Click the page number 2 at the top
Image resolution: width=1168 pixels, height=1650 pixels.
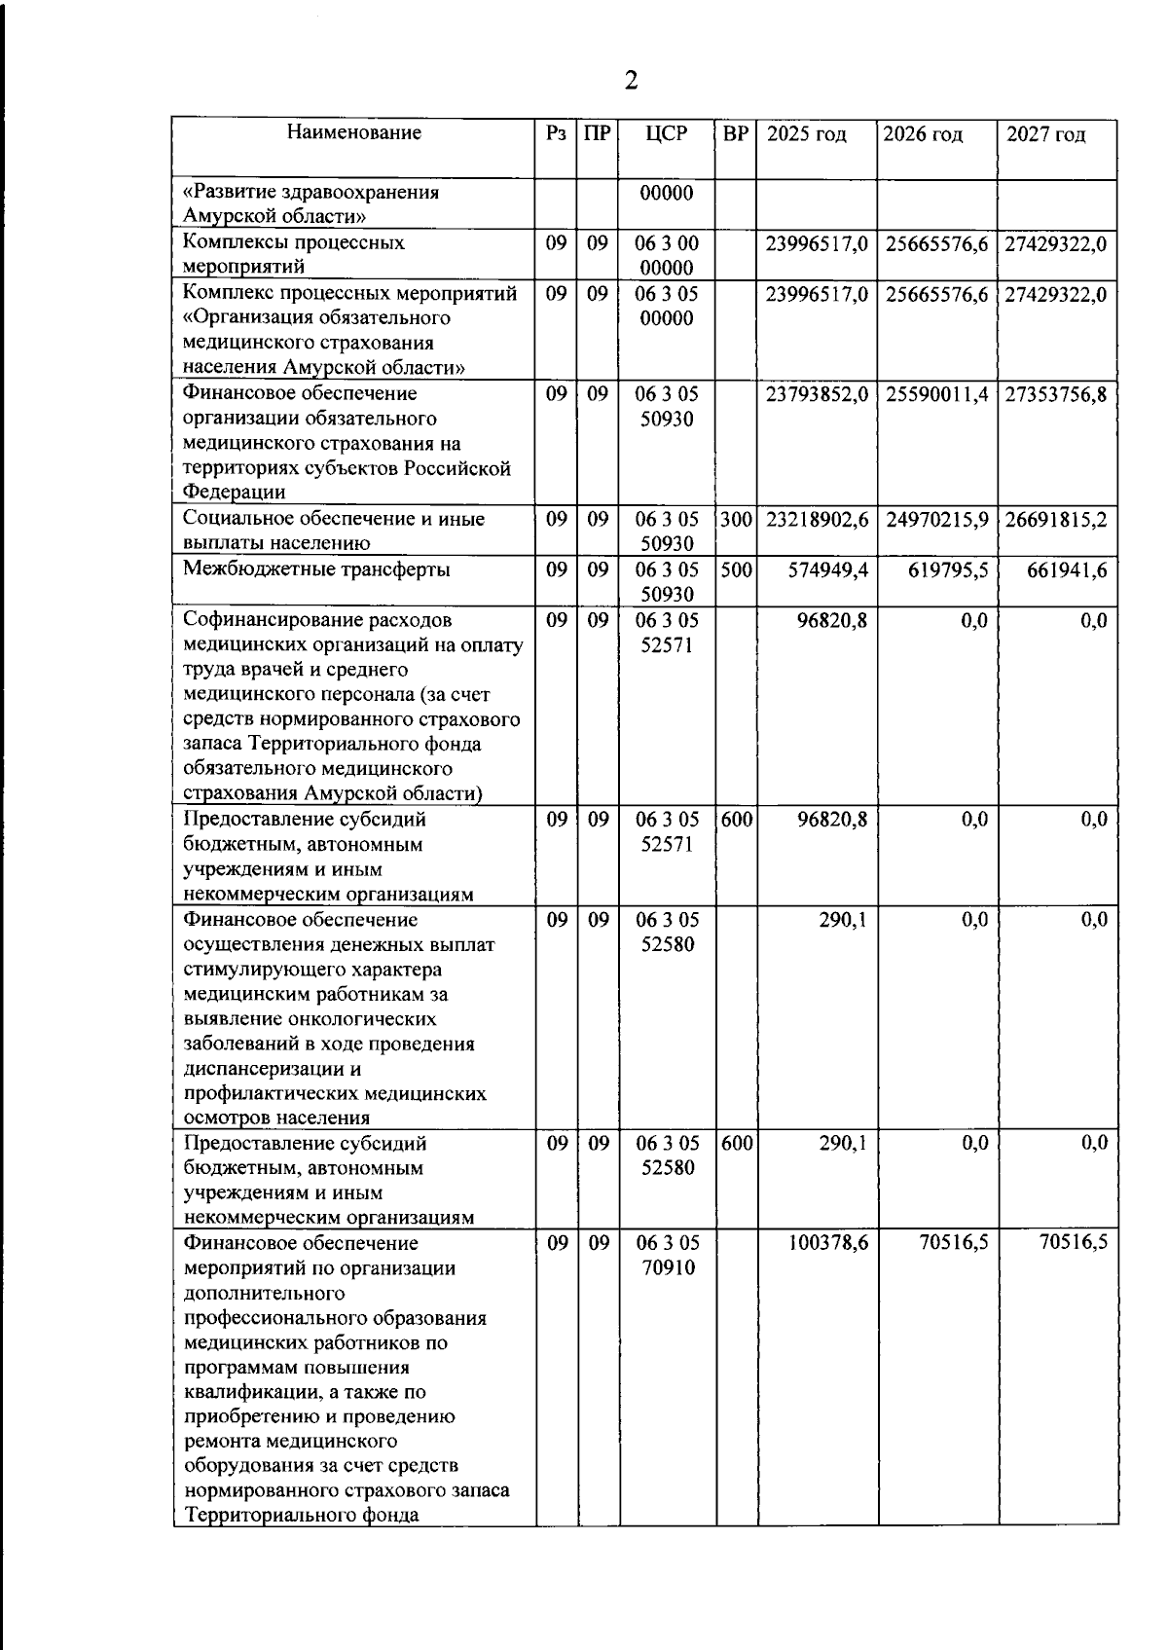(x=631, y=81)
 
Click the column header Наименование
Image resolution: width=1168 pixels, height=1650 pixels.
(x=354, y=133)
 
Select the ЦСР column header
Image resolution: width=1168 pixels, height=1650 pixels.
(x=667, y=133)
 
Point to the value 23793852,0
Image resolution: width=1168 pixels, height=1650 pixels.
(x=817, y=394)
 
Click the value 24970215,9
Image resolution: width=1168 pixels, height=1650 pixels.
(x=937, y=520)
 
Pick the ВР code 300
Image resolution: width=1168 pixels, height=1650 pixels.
(x=737, y=520)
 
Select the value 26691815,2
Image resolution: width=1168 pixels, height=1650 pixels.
(x=1056, y=520)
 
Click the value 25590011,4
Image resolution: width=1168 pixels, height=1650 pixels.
(x=937, y=394)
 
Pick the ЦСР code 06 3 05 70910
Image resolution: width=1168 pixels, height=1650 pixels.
(x=668, y=1256)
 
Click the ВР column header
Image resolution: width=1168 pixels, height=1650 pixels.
(x=737, y=133)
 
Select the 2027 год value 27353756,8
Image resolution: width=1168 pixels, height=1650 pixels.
(x=1056, y=394)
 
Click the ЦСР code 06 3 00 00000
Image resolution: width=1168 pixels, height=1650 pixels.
(x=668, y=255)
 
